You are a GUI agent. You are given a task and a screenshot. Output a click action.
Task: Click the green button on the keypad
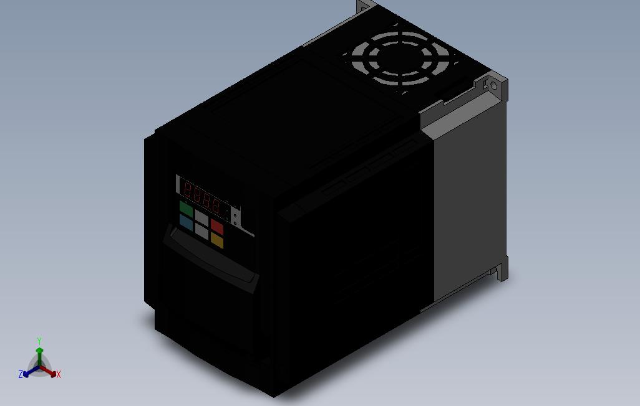coord(187,207)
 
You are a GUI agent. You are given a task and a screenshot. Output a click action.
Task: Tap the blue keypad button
coord(186,220)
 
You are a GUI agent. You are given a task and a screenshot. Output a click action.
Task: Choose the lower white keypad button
coord(201,230)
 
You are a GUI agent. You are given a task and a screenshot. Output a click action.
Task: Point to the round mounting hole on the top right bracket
coord(493,85)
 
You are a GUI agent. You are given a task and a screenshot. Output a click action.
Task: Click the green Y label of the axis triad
coord(39,341)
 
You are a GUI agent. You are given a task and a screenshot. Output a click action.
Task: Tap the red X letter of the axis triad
coord(58,374)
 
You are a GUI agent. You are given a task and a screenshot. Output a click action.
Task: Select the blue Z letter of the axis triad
coord(21,374)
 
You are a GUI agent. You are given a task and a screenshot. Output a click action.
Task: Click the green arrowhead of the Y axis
coord(39,351)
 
